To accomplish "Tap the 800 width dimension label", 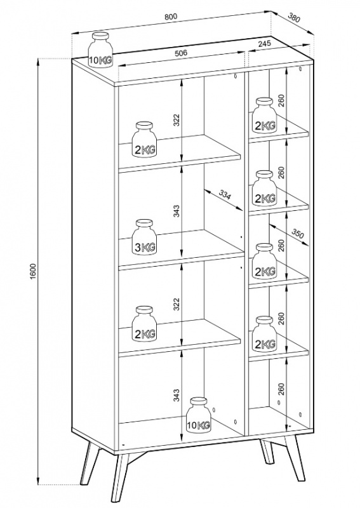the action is pyautogui.click(x=171, y=17).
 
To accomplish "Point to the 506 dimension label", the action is pyautogui.click(x=181, y=53).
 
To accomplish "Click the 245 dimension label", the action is pyautogui.click(x=265, y=43).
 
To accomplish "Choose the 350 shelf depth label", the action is pyautogui.click(x=298, y=234).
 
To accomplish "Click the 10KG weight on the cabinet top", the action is pyautogui.click(x=100, y=50).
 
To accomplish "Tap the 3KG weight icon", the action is pyautogui.click(x=145, y=237).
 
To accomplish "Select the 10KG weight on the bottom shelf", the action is pyautogui.click(x=199, y=415).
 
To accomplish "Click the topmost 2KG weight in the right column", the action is pyautogui.click(x=264, y=115).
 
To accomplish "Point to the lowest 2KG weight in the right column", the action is pyautogui.click(x=264, y=334).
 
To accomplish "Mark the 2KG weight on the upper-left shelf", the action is pyautogui.click(x=145, y=139).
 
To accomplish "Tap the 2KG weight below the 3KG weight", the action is pyautogui.click(x=145, y=324).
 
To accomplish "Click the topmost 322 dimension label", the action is pyautogui.click(x=176, y=120).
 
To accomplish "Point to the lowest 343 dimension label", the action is pyautogui.click(x=176, y=395).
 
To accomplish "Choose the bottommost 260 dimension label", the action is pyautogui.click(x=281, y=389).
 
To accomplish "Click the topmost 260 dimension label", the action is pyautogui.click(x=281, y=100).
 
